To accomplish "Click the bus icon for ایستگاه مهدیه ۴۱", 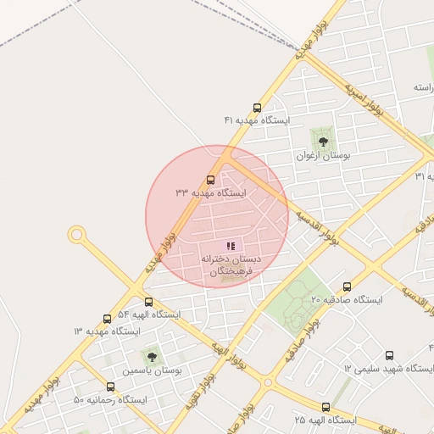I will click(x=257, y=108).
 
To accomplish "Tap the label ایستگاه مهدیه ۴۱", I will click(x=257, y=121).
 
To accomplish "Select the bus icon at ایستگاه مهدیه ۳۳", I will click(x=211, y=180).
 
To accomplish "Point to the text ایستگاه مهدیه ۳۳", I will click(x=210, y=193).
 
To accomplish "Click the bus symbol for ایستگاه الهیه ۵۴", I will click(x=149, y=302).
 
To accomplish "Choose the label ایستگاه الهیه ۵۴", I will click(x=149, y=314).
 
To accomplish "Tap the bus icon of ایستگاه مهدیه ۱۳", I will click(x=107, y=319).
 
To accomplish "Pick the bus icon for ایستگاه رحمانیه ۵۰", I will click(x=110, y=387).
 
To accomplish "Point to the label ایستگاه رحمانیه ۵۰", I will click(x=110, y=399).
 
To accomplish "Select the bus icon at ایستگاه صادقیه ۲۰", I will click(x=347, y=287).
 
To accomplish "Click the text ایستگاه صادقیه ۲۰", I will click(x=347, y=300).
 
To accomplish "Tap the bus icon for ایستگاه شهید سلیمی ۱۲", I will click(x=389, y=355).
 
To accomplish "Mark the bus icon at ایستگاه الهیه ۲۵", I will click(x=326, y=407).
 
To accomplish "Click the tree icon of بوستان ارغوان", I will click(x=322, y=142).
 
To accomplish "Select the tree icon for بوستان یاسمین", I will click(x=152, y=357).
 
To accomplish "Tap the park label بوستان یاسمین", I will click(x=153, y=370).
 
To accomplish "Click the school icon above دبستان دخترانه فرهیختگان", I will click(x=231, y=245).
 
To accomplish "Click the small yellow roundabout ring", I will click(x=77, y=233).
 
